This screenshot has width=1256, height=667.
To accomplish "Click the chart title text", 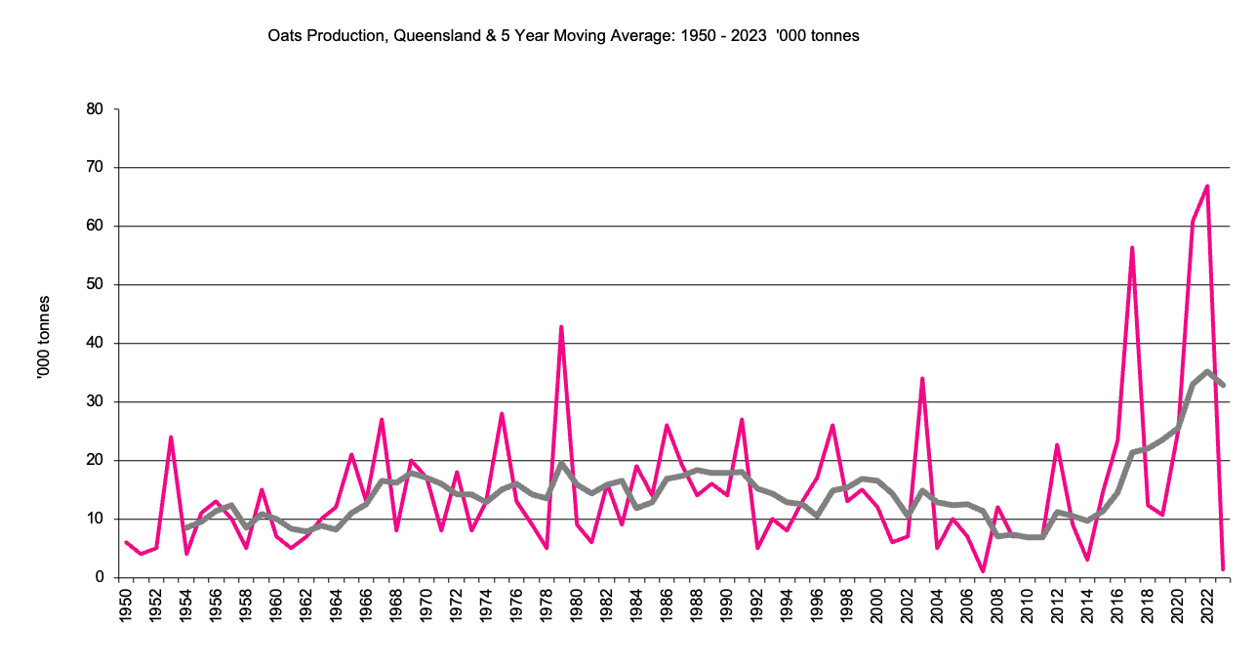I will point(563,35).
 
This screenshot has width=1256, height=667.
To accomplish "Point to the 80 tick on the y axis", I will point(95,109).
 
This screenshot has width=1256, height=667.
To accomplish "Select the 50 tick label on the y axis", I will point(95,285).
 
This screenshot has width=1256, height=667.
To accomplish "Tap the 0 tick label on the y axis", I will point(99,577).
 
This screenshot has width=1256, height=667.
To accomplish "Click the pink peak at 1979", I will point(561,326).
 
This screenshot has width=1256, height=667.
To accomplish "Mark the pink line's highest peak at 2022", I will point(1207,186).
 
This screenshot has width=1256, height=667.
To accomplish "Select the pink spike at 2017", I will point(1132,248).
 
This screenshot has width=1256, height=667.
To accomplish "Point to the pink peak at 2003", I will point(921,378).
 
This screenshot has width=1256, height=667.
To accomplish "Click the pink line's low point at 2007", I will point(982,571).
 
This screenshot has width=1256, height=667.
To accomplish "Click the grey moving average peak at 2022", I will point(1207,371).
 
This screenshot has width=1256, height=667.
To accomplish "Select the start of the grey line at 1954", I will point(185,528).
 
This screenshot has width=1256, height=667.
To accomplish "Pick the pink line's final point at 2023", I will point(1222,568).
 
